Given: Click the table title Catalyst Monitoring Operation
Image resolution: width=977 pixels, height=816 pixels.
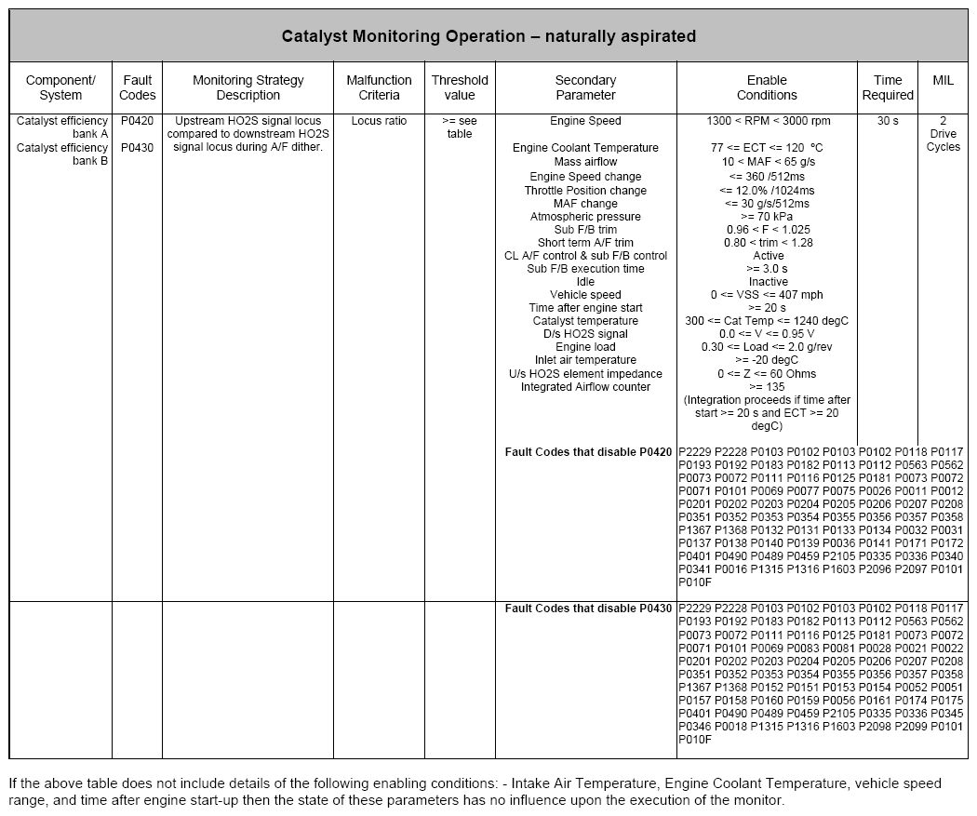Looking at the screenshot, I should pos(488,36).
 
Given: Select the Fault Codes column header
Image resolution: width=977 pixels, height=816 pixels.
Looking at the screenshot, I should pos(137,87).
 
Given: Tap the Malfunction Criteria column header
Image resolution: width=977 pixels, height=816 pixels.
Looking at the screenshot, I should pos(380,87).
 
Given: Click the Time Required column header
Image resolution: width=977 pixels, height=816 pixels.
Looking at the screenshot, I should pos(888,87).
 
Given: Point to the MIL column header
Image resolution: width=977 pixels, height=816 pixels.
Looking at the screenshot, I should pos(943,81).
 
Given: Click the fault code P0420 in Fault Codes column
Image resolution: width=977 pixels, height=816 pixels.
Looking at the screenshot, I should pos(137,121).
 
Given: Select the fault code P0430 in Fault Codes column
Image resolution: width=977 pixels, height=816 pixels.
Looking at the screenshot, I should pos(137,148).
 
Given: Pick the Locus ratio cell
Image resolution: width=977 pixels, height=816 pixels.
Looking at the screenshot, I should pos(380,121).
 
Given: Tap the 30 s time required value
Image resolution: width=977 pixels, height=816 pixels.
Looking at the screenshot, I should pos(888,121).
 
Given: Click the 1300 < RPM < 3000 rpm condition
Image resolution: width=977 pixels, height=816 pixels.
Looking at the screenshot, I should pos(768,121).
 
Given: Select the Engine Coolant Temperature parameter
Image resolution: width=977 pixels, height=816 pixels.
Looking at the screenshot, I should pos(585,148).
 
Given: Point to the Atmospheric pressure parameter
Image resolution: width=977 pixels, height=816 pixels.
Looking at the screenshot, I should pos(585,217).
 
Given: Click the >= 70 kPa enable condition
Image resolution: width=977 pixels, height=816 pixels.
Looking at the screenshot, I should pos(768,217).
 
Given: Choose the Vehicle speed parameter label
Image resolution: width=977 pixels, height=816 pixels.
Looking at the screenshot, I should pos(585,295).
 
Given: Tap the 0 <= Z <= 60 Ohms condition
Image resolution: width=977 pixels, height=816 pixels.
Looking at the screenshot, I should pos(768,374).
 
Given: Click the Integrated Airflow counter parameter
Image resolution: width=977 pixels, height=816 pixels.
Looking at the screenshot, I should pos(585,387).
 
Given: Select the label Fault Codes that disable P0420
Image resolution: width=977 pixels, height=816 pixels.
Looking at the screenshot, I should pos(588,452).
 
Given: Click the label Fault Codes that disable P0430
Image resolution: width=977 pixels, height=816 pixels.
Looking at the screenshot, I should pos(588,609).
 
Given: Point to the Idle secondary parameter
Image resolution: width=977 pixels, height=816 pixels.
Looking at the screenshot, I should pos(585,282).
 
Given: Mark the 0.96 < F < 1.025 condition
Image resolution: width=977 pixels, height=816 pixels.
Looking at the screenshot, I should pos(768,230).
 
